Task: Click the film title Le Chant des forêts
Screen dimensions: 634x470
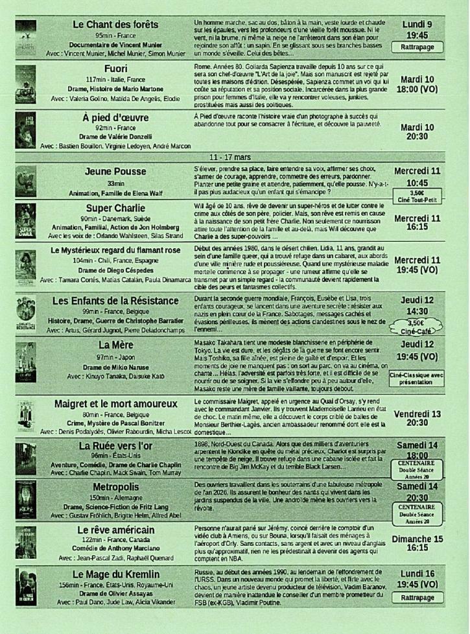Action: (x=115, y=25)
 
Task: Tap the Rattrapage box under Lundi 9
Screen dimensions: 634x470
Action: (x=417, y=47)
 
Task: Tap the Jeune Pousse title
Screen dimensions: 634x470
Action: (x=115, y=172)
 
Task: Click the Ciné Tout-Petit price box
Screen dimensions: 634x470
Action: (x=417, y=196)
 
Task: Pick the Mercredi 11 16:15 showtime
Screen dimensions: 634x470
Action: (x=417, y=224)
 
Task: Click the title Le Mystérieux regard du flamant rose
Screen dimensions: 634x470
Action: (x=115, y=250)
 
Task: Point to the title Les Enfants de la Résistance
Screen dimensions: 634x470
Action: (x=115, y=301)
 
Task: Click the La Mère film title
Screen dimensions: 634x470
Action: (x=115, y=344)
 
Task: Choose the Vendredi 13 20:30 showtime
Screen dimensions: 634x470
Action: (x=417, y=417)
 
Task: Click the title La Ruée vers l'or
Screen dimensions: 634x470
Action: (x=115, y=446)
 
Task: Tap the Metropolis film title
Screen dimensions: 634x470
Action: (x=115, y=487)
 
